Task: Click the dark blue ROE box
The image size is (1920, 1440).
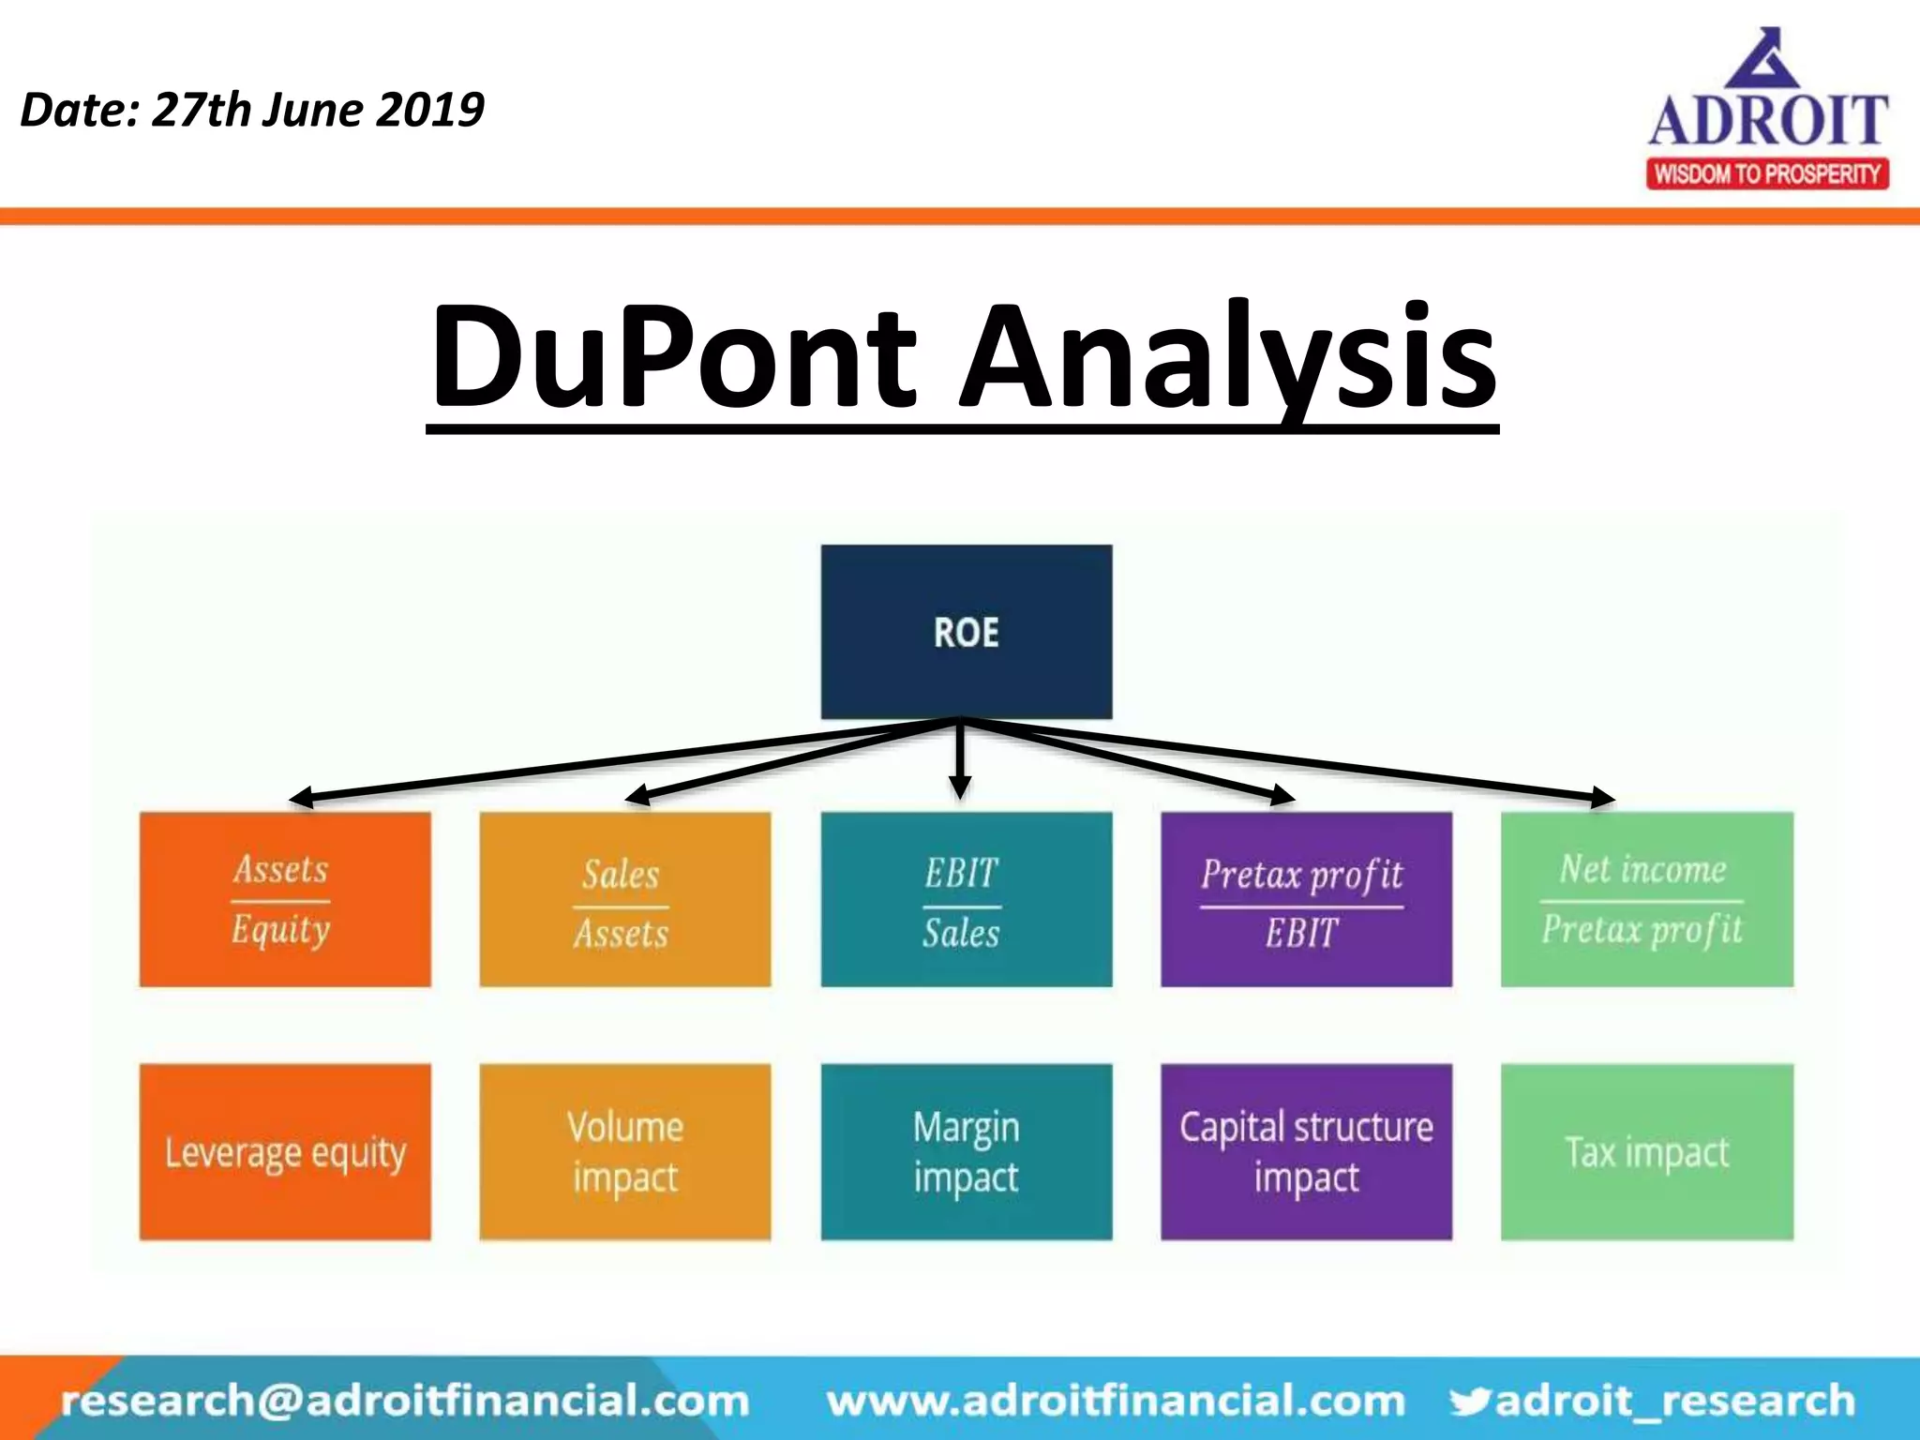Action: coord(967,632)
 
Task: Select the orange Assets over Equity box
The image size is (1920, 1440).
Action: coord(285,899)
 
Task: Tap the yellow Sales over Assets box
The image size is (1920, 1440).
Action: coord(624,899)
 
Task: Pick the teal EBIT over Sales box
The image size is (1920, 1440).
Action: coord(967,899)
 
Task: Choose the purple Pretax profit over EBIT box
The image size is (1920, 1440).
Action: coord(1306,899)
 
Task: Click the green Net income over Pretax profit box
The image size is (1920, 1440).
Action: coord(1646,899)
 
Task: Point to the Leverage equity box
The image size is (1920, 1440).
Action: coord(285,1151)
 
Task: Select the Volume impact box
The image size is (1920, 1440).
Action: coord(624,1151)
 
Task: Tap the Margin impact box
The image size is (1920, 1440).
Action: coord(967,1151)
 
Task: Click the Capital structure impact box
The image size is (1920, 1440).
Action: coord(1306,1151)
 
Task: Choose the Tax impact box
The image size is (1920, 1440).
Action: coord(1646,1151)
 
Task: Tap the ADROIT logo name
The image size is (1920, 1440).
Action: coord(1768,121)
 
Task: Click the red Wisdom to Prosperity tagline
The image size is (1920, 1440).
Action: coord(1767,174)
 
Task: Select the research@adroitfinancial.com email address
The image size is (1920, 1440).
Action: coord(405,1401)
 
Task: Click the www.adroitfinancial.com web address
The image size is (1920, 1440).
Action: coord(1116,1401)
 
